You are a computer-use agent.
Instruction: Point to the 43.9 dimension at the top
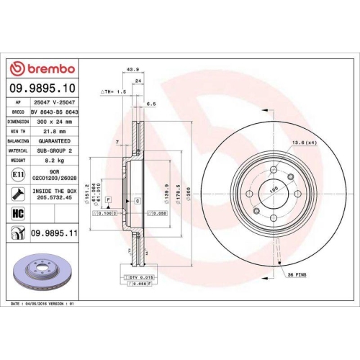pyautogui.click(x=132, y=70)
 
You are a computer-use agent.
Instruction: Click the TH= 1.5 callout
pyautogui.click(x=114, y=92)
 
